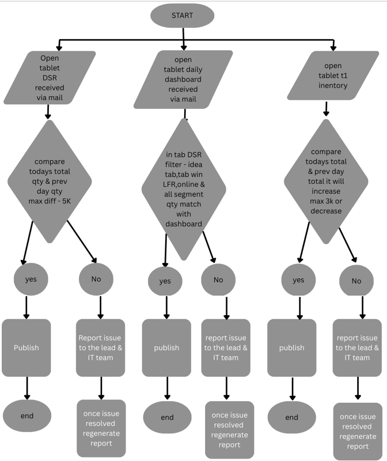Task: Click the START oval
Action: tap(182, 16)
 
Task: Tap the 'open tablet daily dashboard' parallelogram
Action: tap(183, 80)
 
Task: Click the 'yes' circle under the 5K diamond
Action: tap(30, 279)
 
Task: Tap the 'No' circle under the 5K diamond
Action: tap(95, 279)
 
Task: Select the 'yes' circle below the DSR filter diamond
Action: tap(165, 281)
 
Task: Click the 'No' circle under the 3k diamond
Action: tap(356, 281)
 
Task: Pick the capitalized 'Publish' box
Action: tap(26, 347)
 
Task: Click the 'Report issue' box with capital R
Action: tap(101, 347)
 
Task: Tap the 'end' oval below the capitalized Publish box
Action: tap(26, 415)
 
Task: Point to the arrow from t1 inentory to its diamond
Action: tap(327, 108)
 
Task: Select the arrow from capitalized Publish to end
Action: tap(26, 387)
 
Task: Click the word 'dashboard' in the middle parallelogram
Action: tap(183, 80)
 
